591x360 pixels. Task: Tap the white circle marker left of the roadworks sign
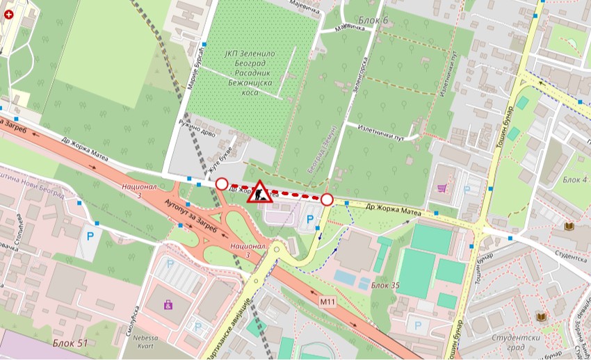click(222, 184)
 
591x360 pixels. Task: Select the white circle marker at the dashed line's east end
click(327, 200)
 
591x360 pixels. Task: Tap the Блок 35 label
click(385, 285)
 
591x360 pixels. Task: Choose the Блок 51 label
click(70, 343)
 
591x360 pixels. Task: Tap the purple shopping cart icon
click(442, 188)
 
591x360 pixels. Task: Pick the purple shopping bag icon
click(168, 304)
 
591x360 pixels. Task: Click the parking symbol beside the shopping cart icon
click(467, 188)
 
